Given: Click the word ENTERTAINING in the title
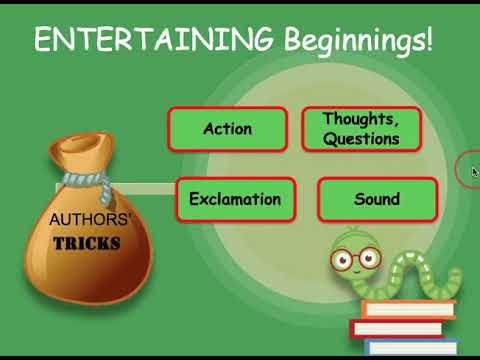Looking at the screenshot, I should pos(153,40).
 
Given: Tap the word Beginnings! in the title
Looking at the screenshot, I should pos(355,42).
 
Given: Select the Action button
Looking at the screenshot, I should pos(227,129).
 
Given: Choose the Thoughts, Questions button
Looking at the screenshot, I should pos(361,129).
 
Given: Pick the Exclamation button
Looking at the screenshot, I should pos(235,199).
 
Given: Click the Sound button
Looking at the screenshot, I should pos(376,199).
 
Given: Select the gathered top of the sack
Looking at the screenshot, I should pos(75,156).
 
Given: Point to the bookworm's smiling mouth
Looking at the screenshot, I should pos(352,273).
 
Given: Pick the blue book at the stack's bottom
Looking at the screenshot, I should pos(410,346).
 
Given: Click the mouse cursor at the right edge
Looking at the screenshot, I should pos(474,171).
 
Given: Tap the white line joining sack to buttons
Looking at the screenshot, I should pos(150,187).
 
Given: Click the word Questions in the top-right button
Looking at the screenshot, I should pos(361,139).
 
